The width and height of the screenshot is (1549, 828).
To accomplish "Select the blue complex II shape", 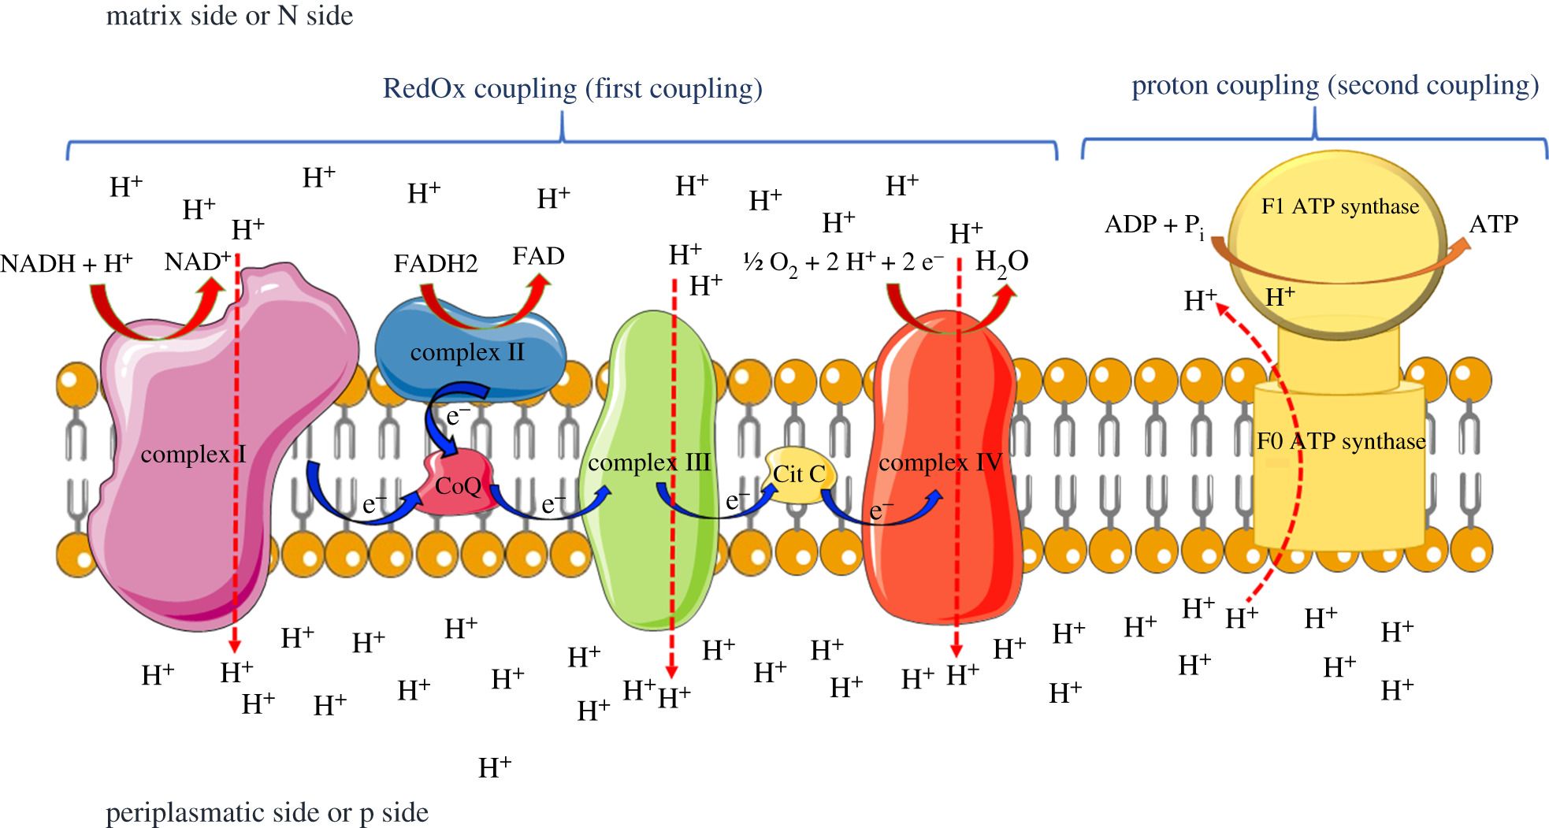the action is [470, 351].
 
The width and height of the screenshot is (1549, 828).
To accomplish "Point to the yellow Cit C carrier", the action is [798, 475].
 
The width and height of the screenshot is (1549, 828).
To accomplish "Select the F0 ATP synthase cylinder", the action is [1339, 465].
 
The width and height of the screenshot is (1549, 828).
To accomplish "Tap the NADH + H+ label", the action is [66, 262].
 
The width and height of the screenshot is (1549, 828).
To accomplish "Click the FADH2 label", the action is [436, 262].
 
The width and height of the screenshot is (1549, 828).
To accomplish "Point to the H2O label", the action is [1001, 262].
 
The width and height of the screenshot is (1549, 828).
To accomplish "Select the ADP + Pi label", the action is [1154, 226].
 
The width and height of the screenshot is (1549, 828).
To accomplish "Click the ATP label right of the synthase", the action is [1493, 224].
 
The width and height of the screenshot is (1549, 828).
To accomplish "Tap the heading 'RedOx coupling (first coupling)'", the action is [572, 88].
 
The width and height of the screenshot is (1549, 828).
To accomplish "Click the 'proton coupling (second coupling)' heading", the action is [1335, 86].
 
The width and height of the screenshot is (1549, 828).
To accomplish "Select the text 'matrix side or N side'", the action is [229, 16].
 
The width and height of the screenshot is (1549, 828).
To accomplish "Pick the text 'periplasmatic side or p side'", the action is [267, 812].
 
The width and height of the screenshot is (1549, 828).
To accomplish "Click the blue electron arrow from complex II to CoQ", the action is [435, 418].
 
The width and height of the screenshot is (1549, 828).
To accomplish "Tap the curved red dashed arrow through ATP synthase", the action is [1275, 449].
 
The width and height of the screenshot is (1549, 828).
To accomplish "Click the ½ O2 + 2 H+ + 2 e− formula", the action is [843, 262].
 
